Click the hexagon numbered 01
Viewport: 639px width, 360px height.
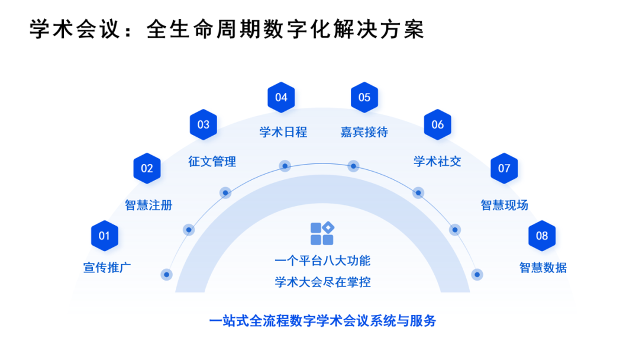pos(105,236)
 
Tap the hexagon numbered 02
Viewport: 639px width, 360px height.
pos(147,168)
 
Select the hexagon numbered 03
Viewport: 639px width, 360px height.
pos(204,124)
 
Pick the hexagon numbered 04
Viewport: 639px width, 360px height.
pos(281,97)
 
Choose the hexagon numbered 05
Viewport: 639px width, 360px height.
pos(364,97)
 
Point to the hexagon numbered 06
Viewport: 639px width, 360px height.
pos(438,124)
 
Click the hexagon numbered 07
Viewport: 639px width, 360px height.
pos(504,168)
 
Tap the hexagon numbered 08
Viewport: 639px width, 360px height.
pos(542,236)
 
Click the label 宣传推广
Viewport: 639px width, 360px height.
pos(107,268)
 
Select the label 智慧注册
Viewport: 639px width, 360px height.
pos(149,205)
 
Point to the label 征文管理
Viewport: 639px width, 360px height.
pos(212,161)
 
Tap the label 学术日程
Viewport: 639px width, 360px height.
pos(283,132)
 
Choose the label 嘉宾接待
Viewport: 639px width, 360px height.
pos(364,132)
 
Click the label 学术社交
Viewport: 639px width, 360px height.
pos(437,161)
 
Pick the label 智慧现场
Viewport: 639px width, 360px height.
pos(504,205)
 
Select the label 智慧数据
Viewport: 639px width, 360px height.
pos(543,268)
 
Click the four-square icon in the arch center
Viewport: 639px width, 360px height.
pos(322,233)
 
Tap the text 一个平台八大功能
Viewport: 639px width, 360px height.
pos(322,261)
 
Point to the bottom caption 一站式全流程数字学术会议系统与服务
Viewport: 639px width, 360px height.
pos(322,322)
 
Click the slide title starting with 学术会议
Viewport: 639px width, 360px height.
pos(227,30)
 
